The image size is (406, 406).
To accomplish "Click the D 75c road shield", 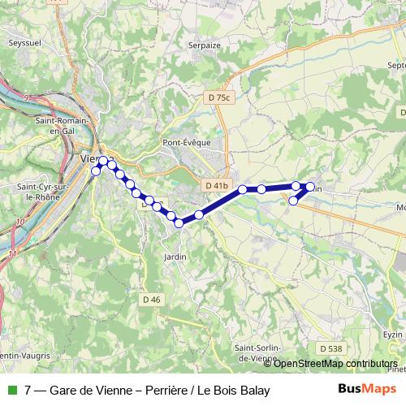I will click(x=220, y=97).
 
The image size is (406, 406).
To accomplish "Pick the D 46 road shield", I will click(x=152, y=300).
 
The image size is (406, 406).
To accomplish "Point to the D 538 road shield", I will click(x=330, y=348).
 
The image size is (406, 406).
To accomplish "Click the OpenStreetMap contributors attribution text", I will click(x=335, y=363).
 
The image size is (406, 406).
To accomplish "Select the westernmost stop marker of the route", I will click(x=96, y=171).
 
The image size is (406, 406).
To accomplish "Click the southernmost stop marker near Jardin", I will click(x=179, y=223).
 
